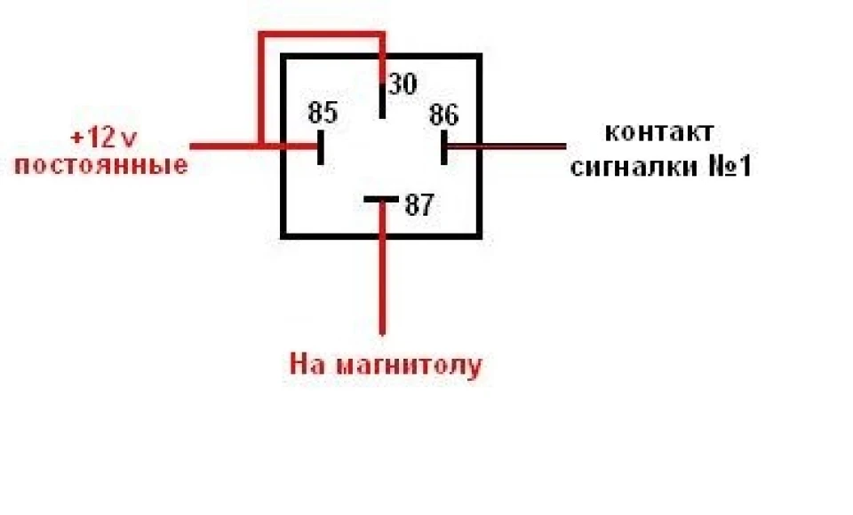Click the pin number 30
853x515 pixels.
[403, 84]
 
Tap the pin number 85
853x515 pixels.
[323, 113]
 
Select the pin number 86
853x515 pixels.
[444, 115]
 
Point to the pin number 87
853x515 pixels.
[419, 205]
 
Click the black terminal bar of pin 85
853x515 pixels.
[321, 147]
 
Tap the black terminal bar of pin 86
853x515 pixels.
[444, 147]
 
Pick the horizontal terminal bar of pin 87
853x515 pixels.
[381, 199]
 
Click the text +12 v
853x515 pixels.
[103, 139]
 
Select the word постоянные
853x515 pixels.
[101, 165]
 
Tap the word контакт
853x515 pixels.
[658, 132]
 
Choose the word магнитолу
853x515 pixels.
[409, 365]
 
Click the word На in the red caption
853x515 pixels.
[308, 364]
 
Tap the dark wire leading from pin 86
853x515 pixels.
[506, 147]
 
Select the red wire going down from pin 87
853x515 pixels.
[382, 267]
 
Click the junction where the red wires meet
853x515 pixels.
[261, 147]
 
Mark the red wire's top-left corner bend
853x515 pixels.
[261, 36]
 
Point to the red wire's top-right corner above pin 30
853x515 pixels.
[382, 36]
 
